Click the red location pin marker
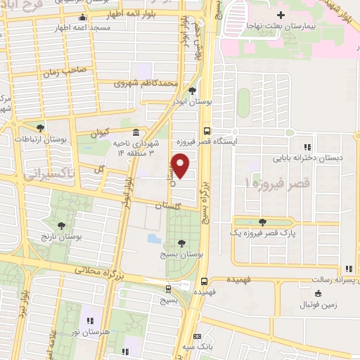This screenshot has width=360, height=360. [x=181, y=167]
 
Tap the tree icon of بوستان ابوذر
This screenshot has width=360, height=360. [x=193, y=91]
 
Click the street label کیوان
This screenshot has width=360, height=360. [x=98, y=132]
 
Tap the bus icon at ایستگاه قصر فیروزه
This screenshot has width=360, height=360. [x=206, y=130]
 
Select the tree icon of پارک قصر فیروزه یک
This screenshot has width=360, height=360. [x=262, y=222]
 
